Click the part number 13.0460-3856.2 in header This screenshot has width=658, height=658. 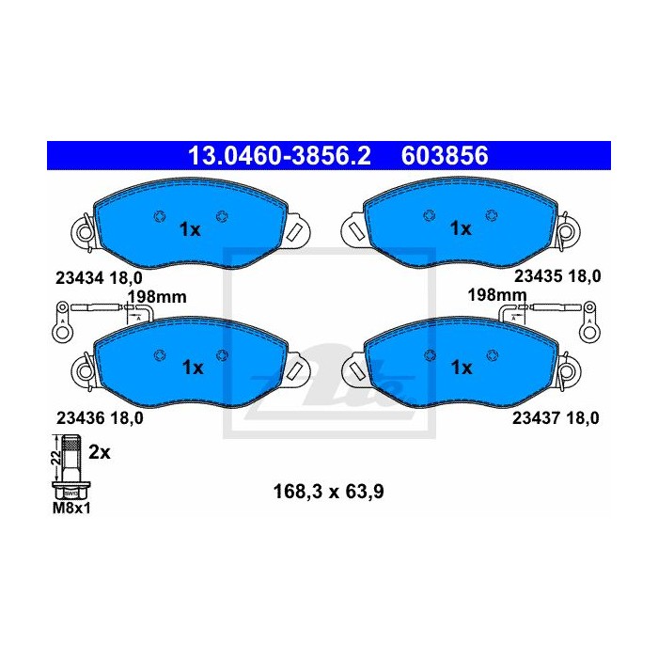[x=279, y=155]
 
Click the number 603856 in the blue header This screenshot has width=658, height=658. [x=445, y=155]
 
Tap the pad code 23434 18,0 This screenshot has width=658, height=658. [x=92, y=276]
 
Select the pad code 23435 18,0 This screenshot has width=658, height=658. [x=556, y=276]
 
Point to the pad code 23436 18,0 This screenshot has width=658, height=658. [x=92, y=419]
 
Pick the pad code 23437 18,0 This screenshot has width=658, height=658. [x=556, y=419]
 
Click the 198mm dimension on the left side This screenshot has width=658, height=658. [x=157, y=296]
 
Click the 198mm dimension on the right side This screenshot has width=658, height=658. [x=497, y=296]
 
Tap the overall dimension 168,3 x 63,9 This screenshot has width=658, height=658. [x=327, y=490]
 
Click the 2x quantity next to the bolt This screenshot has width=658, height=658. [x=100, y=452]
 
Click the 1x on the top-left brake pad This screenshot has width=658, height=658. [x=190, y=228]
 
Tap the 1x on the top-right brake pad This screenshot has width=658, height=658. [x=460, y=228]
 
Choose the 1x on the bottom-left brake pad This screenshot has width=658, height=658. [x=192, y=368]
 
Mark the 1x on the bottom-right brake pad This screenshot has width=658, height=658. [x=460, y=368]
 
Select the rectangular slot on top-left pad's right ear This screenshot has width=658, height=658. [x=294, y=228]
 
